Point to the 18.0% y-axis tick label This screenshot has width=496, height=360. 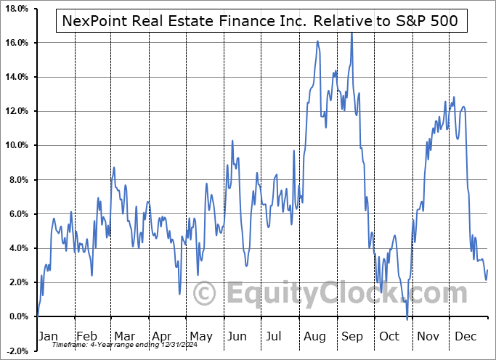tap(15, 9)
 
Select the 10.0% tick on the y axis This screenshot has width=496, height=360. tap(15, 145)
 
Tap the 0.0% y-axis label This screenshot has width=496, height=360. tap(17, 316)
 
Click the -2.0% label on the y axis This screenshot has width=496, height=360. tap(16, 351)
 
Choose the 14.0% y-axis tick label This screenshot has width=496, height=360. tap(15, 77)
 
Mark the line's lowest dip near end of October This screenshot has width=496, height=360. tap(407, 318)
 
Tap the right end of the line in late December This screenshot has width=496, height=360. tap(487, 271)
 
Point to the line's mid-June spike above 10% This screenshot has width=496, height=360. tap(232, 141)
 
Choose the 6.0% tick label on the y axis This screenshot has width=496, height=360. tap(17, 214)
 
